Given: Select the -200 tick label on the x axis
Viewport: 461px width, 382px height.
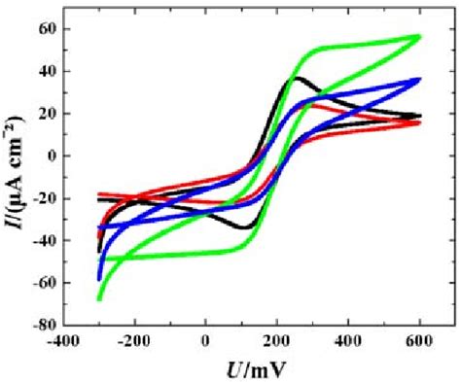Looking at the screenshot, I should pyautogui.click(x=134, y=340).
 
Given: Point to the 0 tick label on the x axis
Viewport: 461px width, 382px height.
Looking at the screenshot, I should pyautogui.click(x=205, y=340).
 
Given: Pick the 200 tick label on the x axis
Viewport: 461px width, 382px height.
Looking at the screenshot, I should pyautogui.click(x=276, y=340).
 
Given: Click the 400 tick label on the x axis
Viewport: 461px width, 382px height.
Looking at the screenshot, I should pyautogui.click(x=347, y=340).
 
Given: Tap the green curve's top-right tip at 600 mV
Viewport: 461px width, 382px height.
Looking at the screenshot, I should pyautogui.click(x=419, y=36).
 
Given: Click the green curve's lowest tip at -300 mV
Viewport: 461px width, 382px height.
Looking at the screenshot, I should pyautogui.click(x=100, y=298).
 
